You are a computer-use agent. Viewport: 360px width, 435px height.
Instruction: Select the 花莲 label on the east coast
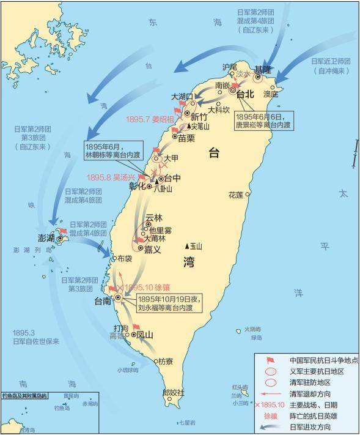235,195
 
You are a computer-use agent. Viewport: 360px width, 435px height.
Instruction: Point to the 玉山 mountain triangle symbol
188,246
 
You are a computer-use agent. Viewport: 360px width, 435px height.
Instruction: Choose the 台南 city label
102,300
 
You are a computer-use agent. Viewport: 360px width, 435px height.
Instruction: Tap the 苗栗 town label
187,139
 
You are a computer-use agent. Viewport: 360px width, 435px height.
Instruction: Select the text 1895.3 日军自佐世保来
35,336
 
